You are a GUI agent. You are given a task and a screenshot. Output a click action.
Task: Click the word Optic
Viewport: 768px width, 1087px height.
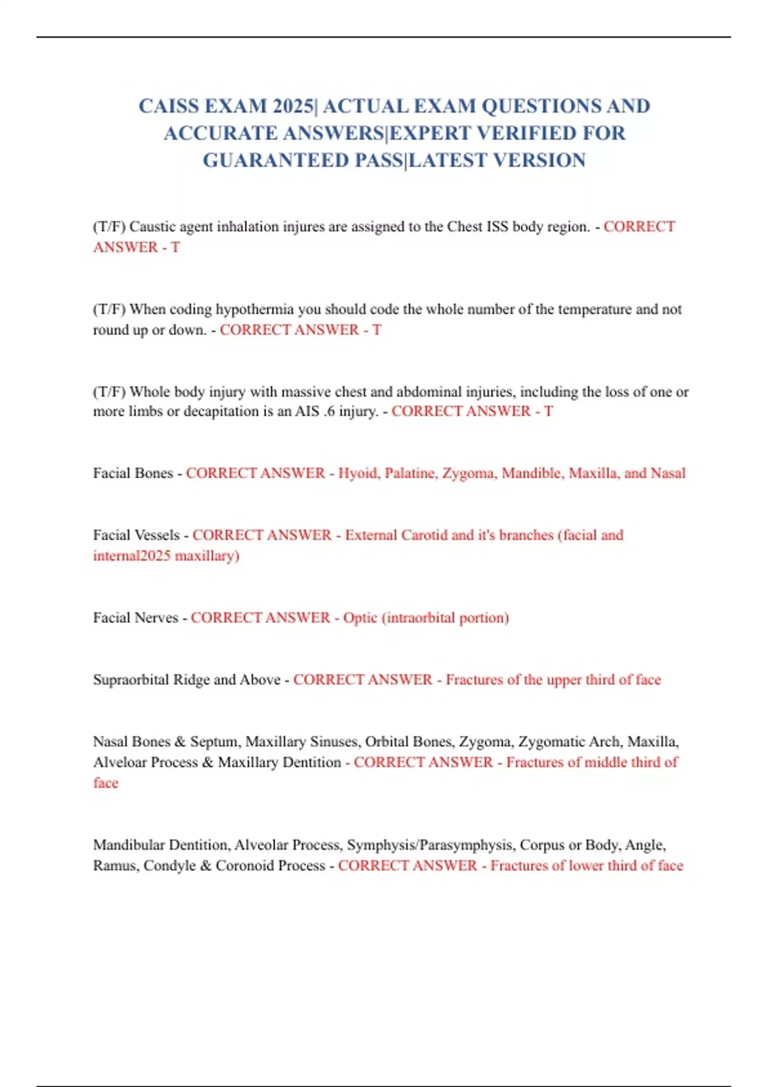tap(360, 618)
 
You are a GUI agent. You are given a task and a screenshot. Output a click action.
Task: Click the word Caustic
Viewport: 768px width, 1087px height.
tap(152, 227)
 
